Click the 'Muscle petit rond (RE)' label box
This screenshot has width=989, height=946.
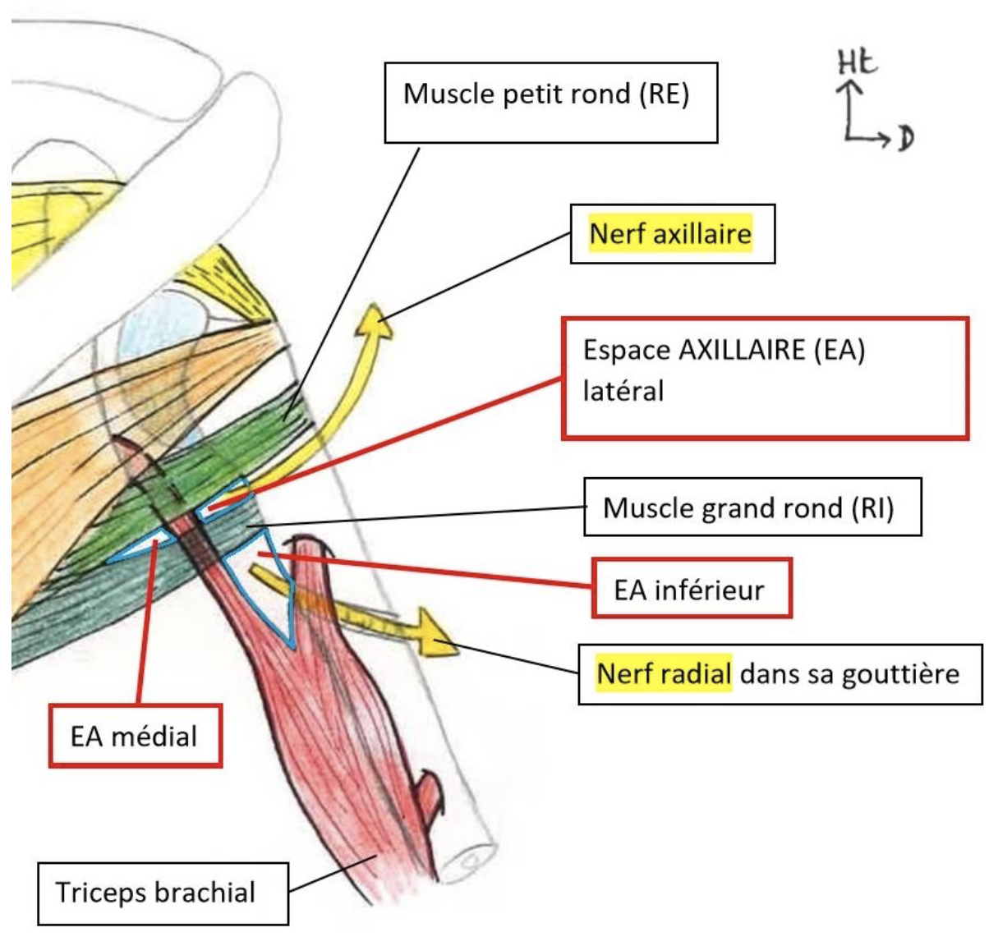click(550, 102)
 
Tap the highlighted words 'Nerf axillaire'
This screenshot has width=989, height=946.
click(670, 234)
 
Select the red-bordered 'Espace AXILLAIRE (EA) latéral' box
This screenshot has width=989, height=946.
click(764, 377)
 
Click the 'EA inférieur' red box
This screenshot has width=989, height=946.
click(691, 588)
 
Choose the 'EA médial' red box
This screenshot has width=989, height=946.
click(135, 736)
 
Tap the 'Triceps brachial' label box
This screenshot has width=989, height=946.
click(162, 893)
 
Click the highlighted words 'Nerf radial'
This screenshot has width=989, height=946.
click(664, 674)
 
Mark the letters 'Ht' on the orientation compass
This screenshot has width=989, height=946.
click(857, 63)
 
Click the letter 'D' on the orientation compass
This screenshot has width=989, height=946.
click(905, 138)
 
